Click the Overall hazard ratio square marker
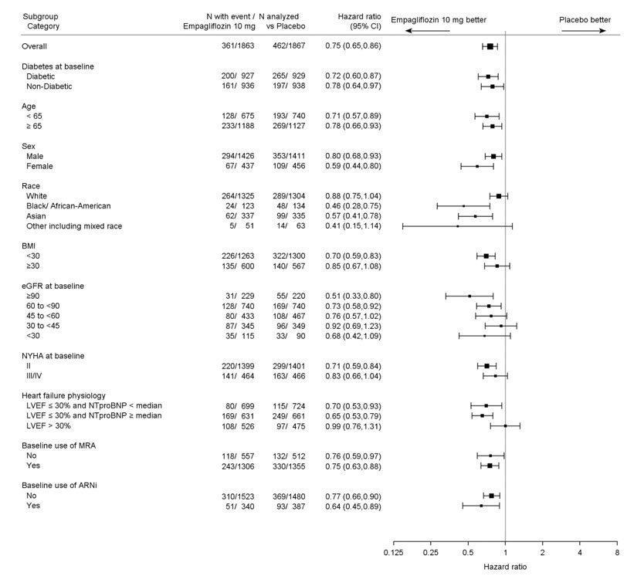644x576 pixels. tap(490, 46)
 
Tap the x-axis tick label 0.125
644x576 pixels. tap(393, 553)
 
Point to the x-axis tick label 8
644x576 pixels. tap(616, 553)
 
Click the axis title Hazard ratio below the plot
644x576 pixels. tap(505, 567)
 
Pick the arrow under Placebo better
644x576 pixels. tap(585, 31)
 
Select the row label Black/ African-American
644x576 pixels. tap(69, 206)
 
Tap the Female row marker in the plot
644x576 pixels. tap(477, 166)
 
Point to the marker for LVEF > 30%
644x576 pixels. tap(505, 425)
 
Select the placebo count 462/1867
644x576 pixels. tap(290, 46)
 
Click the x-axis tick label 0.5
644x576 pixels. tap(468, 553)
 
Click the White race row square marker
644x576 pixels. tap(499, 196)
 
